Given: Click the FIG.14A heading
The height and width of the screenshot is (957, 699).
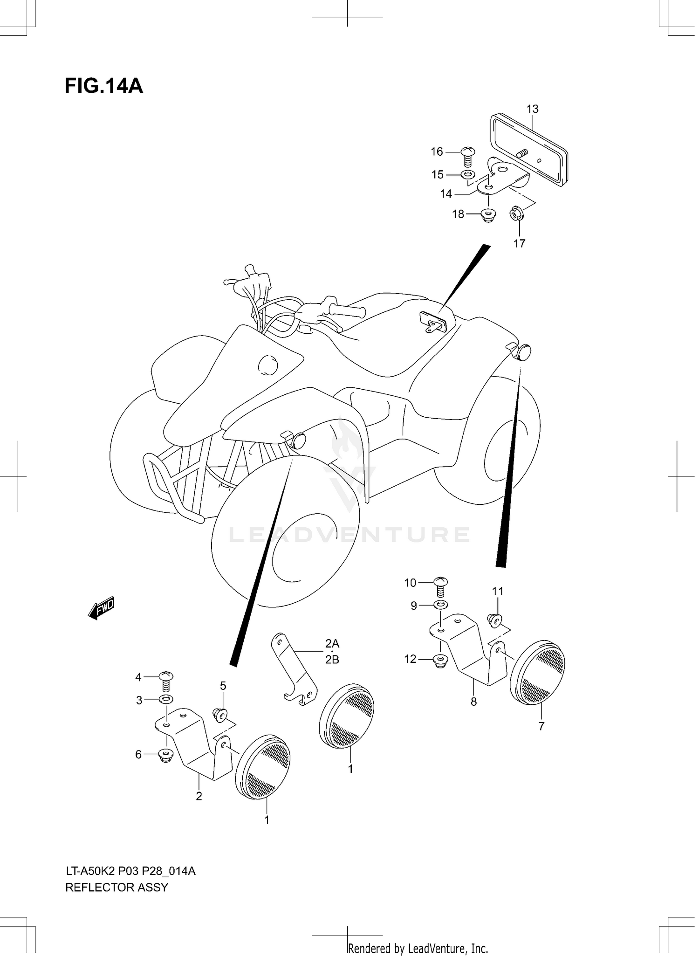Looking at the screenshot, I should tap(103, 86).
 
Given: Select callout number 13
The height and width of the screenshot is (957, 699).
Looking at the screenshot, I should tap(532, 109).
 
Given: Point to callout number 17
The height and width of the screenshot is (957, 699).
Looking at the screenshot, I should tap(519, 243).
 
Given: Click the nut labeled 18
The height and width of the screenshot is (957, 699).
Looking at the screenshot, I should tap(488, 215).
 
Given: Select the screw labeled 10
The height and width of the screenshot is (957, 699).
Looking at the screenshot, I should tap(441, 586).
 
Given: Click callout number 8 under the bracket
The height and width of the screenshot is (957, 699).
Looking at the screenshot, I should tap(473, 702).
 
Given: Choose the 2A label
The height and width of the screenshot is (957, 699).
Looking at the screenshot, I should tap(332, 644).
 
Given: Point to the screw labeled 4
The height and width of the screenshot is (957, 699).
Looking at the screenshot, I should tap(166, 681).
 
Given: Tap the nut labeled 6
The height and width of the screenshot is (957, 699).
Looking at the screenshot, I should tap(165, 754).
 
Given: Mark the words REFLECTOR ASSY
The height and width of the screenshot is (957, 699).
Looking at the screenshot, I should tap(116, 887).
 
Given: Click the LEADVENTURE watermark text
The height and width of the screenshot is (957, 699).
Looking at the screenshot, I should tap(349, 535).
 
